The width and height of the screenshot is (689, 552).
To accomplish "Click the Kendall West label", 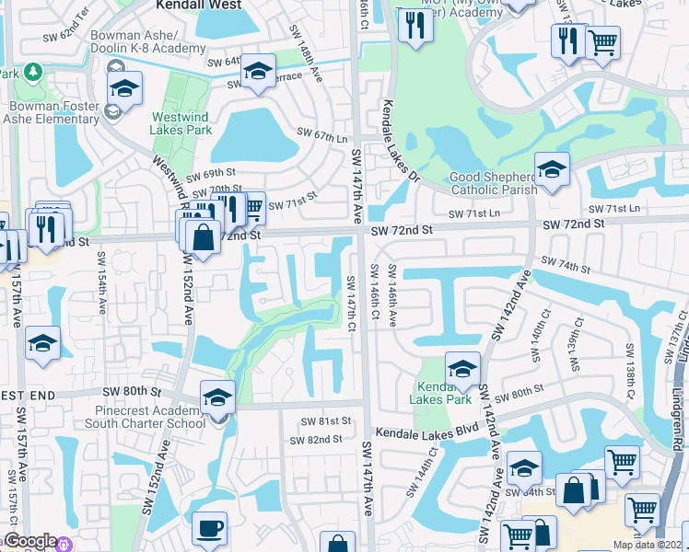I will pyautogui.click(x=198, y=6).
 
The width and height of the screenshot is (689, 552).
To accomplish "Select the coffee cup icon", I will pyautogui.click(x=209, y=530).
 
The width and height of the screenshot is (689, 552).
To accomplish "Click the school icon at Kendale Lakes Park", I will pyautogui.click(x=462, y=370).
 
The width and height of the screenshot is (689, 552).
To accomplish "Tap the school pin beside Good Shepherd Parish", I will pyautogui.click(x=552, y=170).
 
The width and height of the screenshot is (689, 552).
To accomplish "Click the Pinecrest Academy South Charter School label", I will pyautogui.click(x=145, y=417).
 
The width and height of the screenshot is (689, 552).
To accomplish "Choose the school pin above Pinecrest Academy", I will pyautogui.click(x=217, y=398).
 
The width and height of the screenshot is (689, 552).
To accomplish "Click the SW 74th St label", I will pyautogui.click(x=565, y=265).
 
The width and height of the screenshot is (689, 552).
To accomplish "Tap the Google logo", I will pyautogui.click(x=29, y=541).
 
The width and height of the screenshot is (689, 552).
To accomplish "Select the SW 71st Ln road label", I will pyautogui.click(x=473, y=213).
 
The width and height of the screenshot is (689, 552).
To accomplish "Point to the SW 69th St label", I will pyautogui.click(x=211, y=173).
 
